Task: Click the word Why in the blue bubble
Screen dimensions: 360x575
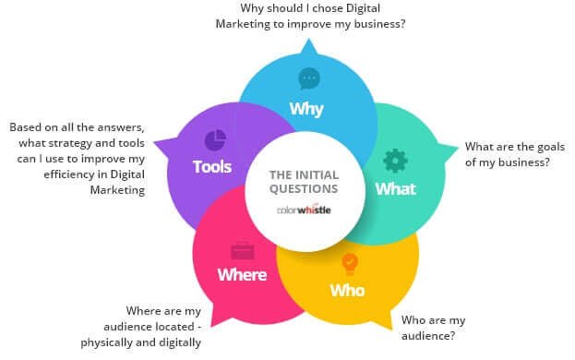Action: (x=305, y=110)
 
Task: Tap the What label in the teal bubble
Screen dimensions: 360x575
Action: (x=395, y=189)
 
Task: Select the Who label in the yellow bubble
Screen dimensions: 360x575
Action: (x=347, y=291)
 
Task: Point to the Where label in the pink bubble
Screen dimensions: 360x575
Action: (x=242, y=274)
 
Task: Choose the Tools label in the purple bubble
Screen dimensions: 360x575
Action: (x=212, y=168)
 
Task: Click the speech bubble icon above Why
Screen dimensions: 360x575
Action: (x=307, y=78)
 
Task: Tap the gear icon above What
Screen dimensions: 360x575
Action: (x=395, y=159)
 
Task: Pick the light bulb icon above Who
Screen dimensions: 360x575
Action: (x=349, y=264)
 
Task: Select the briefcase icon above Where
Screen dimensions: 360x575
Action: (x=242, y=248)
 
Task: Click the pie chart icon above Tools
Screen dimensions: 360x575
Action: (x=215, y=139)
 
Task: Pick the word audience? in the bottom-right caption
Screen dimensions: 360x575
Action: (x=429, y=336)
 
